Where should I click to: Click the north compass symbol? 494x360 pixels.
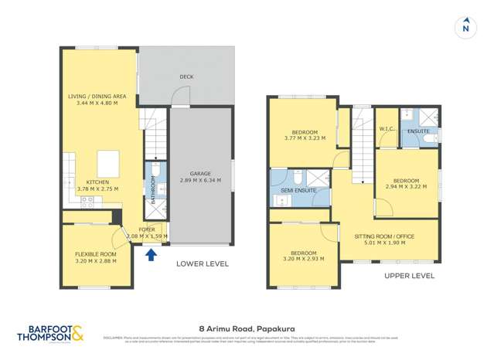(x=465, y=27)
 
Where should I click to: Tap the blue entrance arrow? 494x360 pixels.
(x=152, y=252)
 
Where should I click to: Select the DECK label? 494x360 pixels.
(x=186, y=76)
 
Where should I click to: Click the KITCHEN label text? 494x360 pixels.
(x=98, y=182)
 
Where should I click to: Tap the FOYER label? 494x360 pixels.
(x=147, y=229)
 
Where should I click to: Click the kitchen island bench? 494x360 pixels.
(x=108, y=165)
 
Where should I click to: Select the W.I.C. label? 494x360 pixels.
(x=387, y=129)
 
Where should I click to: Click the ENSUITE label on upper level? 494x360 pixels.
(x=418, y=131)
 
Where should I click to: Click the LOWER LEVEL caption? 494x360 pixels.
(x=203, y=263)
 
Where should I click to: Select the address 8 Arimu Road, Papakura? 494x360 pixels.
(x=247, y=327)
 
